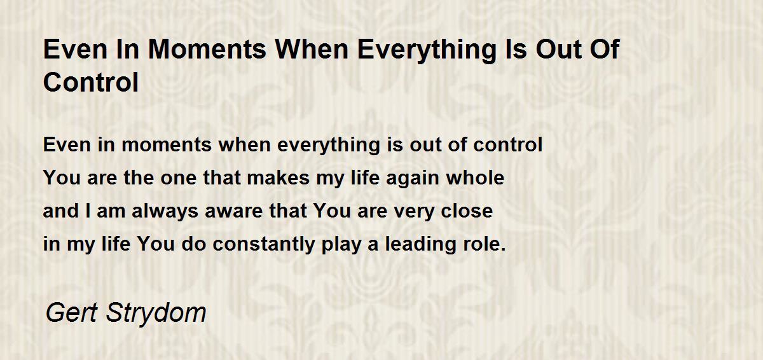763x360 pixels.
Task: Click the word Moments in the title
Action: point(207,50)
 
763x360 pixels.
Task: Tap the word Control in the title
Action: point(91,82)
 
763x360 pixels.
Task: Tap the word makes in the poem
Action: point(278,178)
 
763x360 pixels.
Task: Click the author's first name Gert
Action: point(72,313)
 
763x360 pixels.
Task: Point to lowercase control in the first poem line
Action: point(508,145)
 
